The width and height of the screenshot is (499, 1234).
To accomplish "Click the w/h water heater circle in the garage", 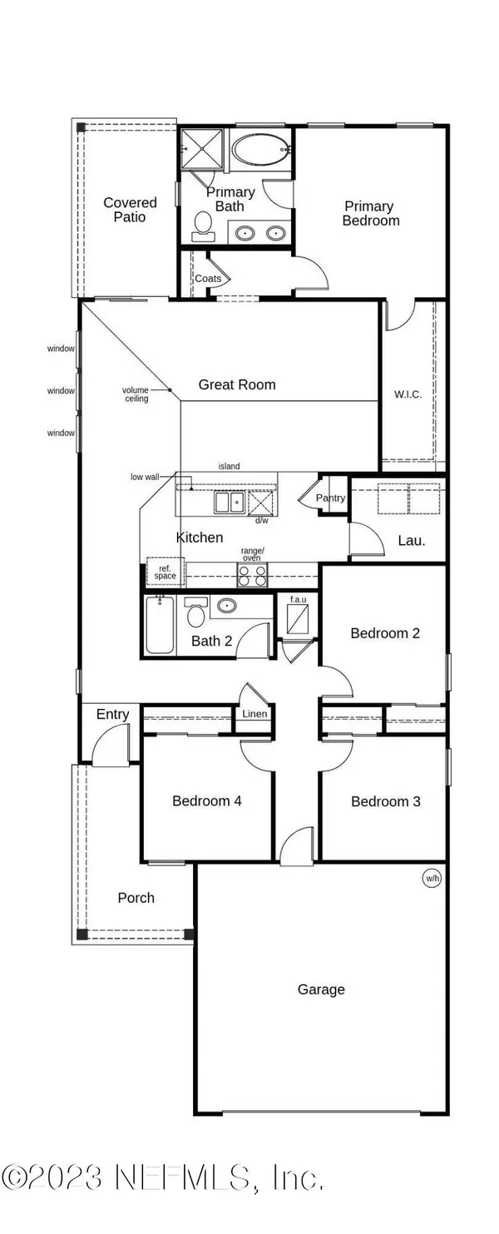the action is pos(432,878).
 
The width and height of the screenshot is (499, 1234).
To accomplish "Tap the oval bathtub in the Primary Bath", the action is pos(260,149).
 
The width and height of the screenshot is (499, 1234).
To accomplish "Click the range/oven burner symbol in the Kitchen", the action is pos(252,575).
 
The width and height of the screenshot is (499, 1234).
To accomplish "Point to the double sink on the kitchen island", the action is pos(229,503).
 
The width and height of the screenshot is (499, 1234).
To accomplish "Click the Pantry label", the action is pos(330,498).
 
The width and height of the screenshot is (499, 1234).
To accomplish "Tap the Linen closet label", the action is pos(254,714).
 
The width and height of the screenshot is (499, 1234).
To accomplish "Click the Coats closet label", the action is pos(208,278).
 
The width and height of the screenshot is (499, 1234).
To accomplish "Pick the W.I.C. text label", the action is pos(408,394).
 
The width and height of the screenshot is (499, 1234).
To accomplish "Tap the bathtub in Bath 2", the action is pos(160,625).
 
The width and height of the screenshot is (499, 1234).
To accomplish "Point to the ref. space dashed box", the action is pos(166,572).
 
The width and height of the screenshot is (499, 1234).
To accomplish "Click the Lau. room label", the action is pos(412,540).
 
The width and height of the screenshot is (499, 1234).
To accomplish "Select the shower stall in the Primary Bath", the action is pos(202,148).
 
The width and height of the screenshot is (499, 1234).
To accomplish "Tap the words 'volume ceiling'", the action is pos(136,394).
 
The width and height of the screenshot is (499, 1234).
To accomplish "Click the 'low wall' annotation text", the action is pos(145,477).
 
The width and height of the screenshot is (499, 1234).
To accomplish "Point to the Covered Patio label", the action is pos(130,210).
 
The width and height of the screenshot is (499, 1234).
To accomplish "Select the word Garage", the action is pos(321,990).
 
